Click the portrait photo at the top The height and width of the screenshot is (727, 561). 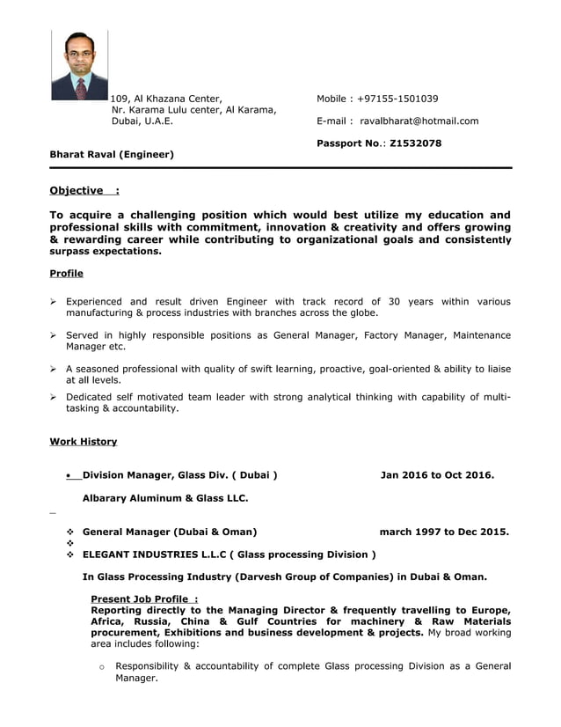(x=79, y=64)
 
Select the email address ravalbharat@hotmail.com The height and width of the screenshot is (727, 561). (x=419, y=121)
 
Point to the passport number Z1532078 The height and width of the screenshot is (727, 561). (x=415, y=143)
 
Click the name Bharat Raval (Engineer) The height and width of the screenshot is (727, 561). (x=112, y=154)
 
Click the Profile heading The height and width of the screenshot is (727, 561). (x=67, y=273)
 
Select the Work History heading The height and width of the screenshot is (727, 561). (x=84, y=441)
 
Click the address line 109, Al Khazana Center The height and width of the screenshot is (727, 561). (x=166, y=99)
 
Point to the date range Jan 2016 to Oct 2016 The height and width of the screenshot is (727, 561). (x=437, y=475)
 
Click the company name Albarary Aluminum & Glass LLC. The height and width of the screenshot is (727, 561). (x=165, y=498)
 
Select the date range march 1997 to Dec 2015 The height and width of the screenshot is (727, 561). (x=444, y=532)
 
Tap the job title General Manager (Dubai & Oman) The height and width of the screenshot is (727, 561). (x=170, y=532)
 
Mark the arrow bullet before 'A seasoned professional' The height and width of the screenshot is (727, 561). (x=54, y=369)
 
